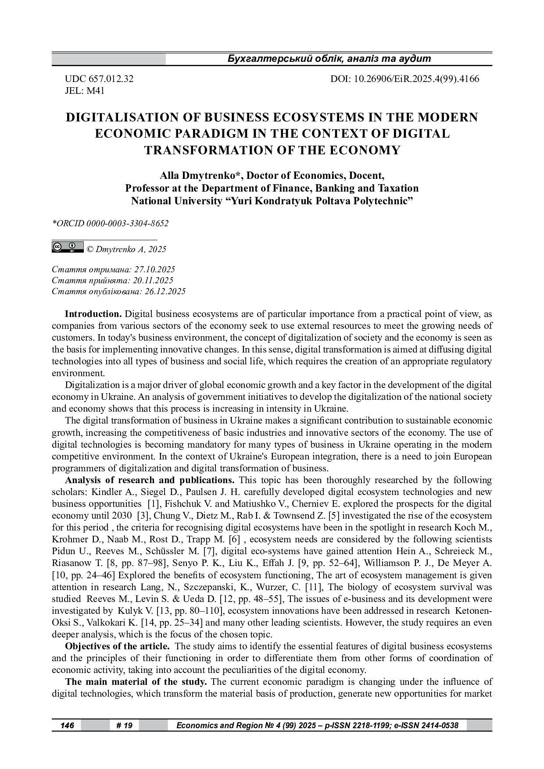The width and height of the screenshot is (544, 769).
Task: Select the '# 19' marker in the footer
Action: pos(125,726)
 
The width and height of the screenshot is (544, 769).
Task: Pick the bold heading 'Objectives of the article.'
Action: pos(117,646)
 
